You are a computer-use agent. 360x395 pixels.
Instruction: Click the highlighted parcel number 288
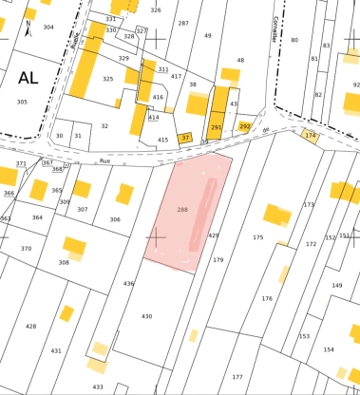point(182,208)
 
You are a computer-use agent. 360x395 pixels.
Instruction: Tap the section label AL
point(22,78)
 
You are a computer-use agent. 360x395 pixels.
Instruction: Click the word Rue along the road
point(105,161)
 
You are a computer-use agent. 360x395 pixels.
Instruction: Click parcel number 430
point(146,315)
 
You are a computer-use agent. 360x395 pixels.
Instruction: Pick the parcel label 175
point(257,236)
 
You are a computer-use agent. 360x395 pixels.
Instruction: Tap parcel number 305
point(22,102)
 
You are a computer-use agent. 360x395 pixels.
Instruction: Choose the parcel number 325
point(107,79)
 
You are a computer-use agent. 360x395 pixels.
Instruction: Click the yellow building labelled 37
point(185,138)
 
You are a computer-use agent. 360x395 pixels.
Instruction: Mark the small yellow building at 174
point(310,136)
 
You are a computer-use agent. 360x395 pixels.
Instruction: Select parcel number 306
point(114,219)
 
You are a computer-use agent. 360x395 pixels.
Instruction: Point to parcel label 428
point(30,326)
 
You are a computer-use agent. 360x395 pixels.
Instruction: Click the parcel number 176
point(267,298)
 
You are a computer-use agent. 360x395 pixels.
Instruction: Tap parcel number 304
point(48,28)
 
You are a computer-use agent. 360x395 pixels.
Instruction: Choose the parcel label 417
point(176,76)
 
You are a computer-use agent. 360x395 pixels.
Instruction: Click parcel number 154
point(328,349)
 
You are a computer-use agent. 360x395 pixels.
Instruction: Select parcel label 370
point(26,248)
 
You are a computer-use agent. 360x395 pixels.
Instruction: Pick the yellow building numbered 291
point(217,127)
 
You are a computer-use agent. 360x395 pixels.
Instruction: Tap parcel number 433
point(97,386)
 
